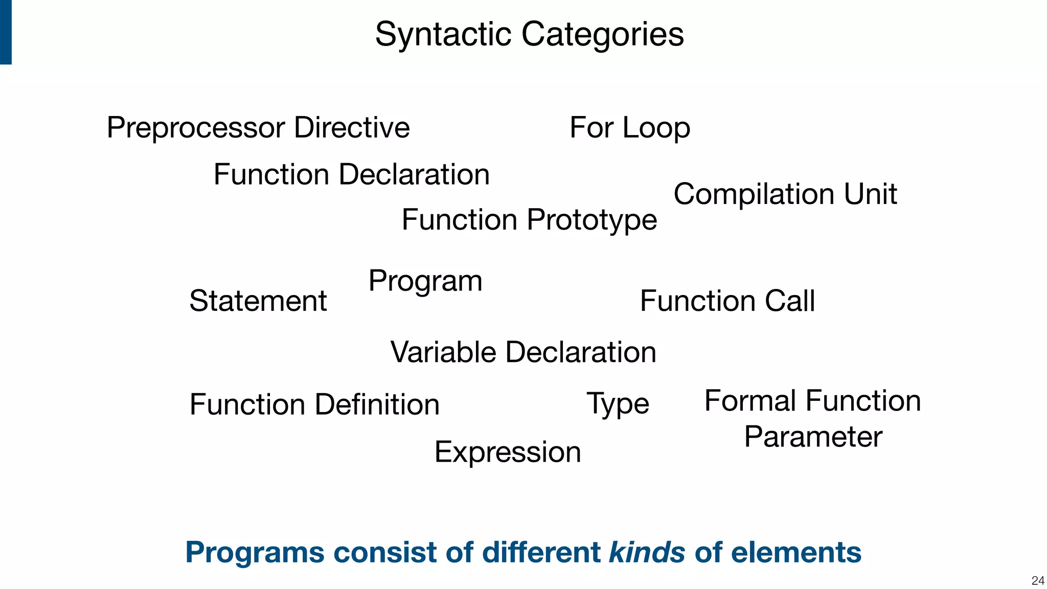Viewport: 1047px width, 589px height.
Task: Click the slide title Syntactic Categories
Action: tap(529, 34)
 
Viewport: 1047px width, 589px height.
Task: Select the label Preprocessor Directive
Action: tap(258, 127)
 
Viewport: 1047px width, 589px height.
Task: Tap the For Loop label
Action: tap(629, 127)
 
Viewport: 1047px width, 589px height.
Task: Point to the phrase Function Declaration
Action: tap(351, 174)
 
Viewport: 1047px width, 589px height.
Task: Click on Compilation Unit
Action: tap(785, 194)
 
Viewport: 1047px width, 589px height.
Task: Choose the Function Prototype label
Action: tap(529, 220)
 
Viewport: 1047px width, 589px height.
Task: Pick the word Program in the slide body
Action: tap(425, 281)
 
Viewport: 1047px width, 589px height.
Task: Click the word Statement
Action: tap(258, 301)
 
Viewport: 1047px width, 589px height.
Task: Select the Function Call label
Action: tap(727, 301)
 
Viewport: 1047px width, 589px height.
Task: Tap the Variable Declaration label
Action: tap(523, 352)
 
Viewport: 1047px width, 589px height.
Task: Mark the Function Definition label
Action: tap(314, 404)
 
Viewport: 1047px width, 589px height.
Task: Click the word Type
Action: tap(618, 404)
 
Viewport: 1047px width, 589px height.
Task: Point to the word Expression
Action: tap(508, 452)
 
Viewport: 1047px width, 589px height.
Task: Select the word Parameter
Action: tap(813, 437)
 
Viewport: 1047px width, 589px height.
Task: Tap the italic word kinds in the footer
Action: tap(647, 552)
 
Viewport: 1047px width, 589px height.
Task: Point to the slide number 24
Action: tap(1038, 580)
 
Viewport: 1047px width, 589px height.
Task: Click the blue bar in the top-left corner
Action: tap(6, 32)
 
